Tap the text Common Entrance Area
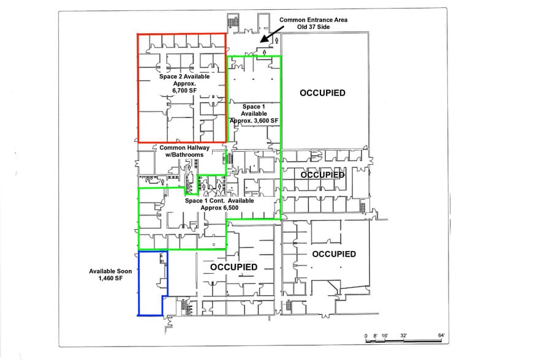click(x=313, y=20)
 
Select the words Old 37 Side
click(x=314, y=28)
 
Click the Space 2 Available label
click(x=184, y=77)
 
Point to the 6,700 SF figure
click(x=184, y=91)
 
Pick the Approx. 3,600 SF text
click(x=254, y=121)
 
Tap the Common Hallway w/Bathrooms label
click(x=184, y=151)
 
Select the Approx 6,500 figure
click(x=219, y=208)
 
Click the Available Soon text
click(x=111, y=271)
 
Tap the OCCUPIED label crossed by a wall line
click(x=322, y=174)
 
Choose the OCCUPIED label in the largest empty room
click(x=322, y=93)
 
